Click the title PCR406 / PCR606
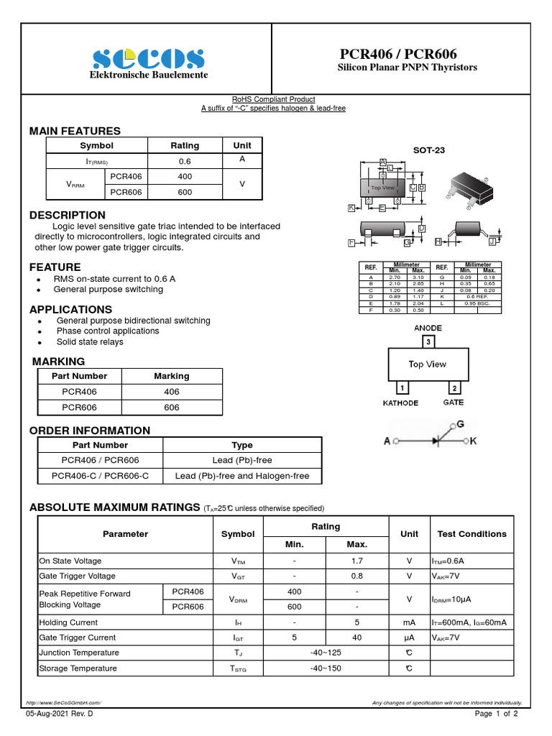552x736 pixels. (397, 55)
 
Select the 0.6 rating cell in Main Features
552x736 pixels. (185, 162)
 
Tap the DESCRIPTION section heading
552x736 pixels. (67, 215)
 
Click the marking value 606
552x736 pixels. (171, 407)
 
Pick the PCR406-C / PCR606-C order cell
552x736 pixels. (100, 476)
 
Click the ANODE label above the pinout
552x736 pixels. (428, 328)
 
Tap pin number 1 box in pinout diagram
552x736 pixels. (403, 389)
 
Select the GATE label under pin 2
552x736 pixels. (453, 402)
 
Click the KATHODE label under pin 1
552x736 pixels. (400, 402)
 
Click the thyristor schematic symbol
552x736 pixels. (430, 439)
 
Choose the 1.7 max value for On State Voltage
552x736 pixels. (356, 561)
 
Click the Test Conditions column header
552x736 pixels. (471, 534)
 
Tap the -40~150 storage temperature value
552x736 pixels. (325, 668)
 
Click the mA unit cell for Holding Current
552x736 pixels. (409, 622)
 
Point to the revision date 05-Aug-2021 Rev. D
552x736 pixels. (60, 714)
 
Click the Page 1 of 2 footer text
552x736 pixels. (497, 714)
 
